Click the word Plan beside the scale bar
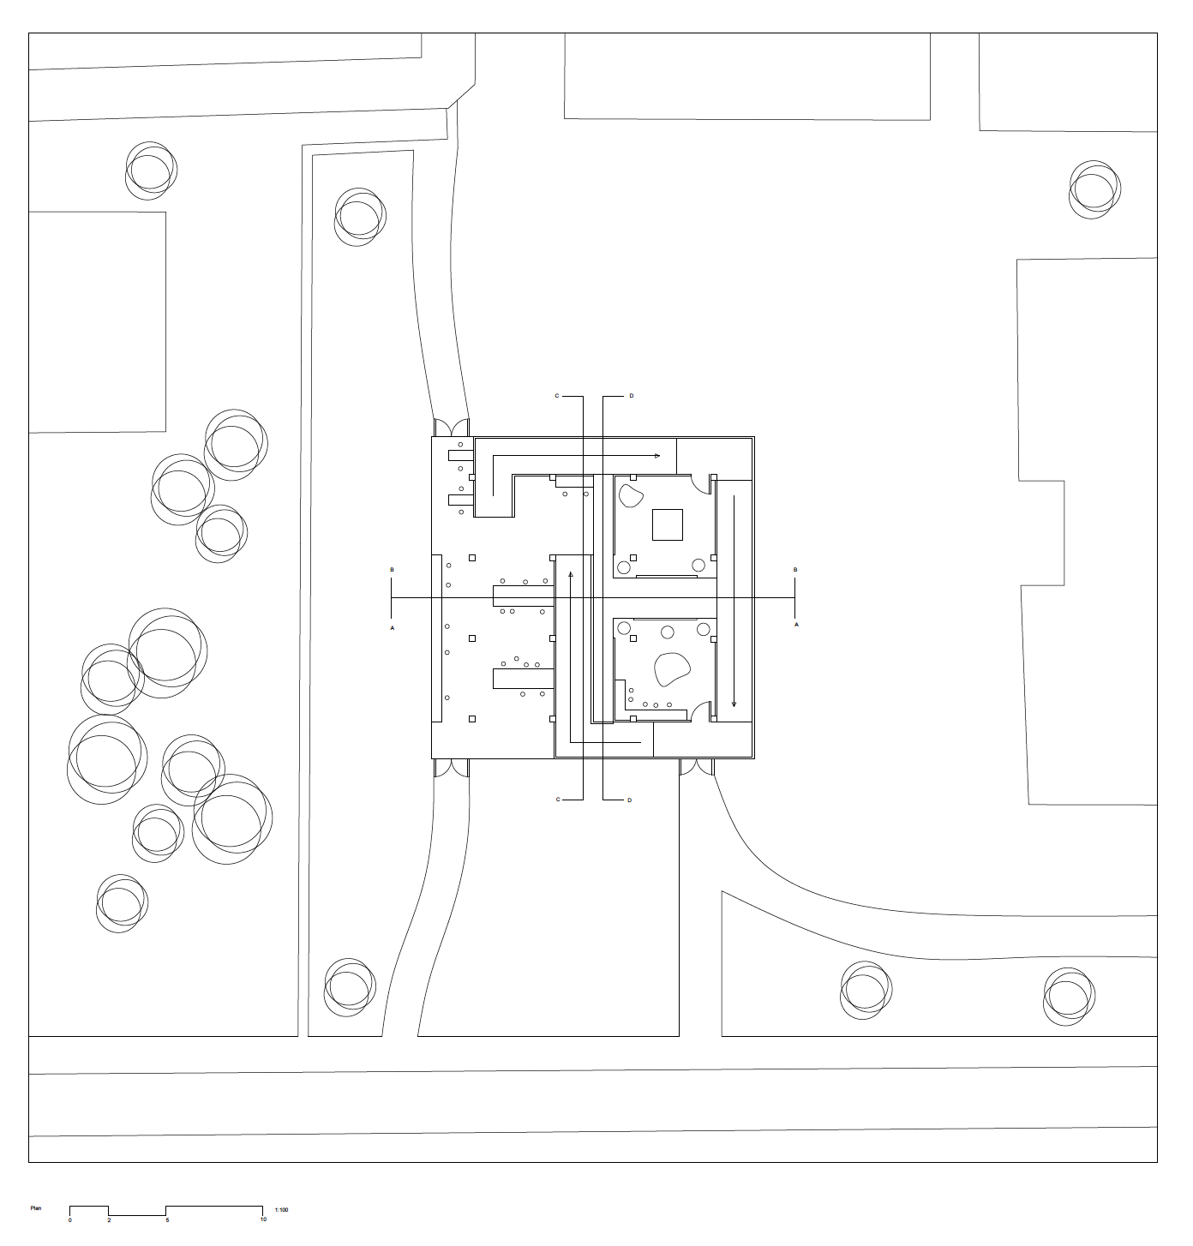coord(36,1208)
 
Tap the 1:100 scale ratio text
coord(281,1210)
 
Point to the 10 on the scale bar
coord(263,1219)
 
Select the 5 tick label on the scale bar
coord(167,1219)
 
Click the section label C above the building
coord(557,396)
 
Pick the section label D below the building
coord(629,800)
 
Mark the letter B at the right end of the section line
coord(795,570)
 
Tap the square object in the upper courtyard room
coord(668,524)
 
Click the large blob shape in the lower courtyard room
coord(672,669)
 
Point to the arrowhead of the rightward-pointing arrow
coord(657,456)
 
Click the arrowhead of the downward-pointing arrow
coord(734,704)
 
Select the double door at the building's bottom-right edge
coord(697,767)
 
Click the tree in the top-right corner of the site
coord(1094,189)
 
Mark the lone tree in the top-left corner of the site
coord(151,171)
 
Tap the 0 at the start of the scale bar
coord(70,1219)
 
